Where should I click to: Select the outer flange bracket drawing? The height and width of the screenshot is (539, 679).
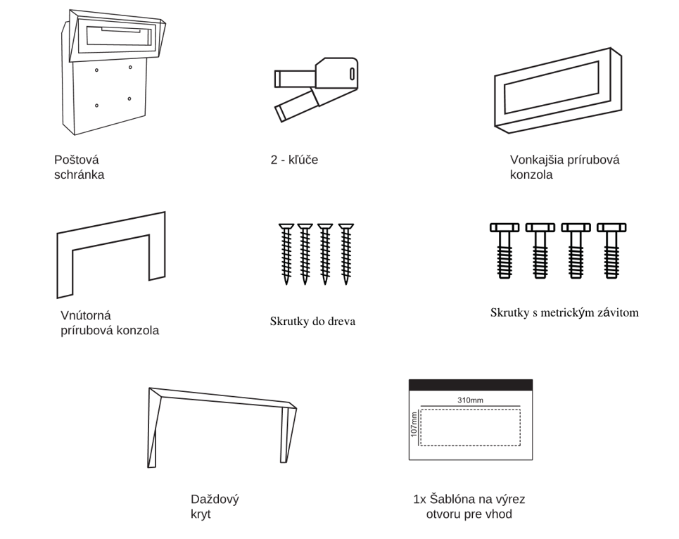[x=557, y=89]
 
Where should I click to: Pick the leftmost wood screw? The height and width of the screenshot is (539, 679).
[x=286, y=253]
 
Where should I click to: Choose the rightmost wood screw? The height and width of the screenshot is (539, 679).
[x=345, y=253]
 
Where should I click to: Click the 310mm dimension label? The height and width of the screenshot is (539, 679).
[x=470, y=400]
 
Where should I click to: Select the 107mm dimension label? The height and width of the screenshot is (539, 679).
[x=414, y=424]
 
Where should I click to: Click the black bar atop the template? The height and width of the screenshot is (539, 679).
[x=470, y=385]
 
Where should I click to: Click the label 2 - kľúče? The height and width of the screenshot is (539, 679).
[x=294, y=160]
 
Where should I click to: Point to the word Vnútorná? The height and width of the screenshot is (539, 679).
[x=86, y=315]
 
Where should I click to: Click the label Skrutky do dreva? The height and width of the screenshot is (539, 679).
[x=312, y=322]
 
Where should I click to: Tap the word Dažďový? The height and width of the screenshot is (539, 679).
[x=215, y=500]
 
